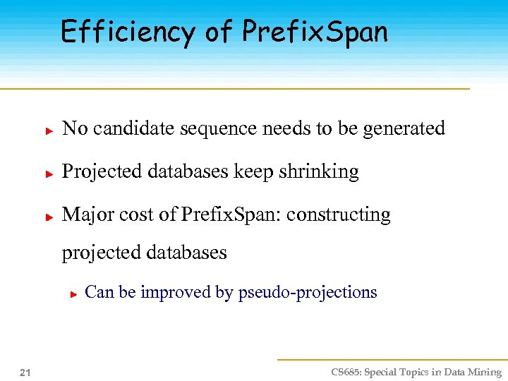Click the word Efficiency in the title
[x=128, y=32]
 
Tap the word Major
[x=83, y=214]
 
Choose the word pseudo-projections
[x=308, y=293]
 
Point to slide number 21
[x=25, y=372]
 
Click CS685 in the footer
[x=346, y=372]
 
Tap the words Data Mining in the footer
[x=472, y=372]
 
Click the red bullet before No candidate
[x=49, y=131]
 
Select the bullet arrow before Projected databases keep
[x=49, y=174]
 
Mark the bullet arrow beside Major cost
[x=49, y=217]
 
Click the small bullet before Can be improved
[x=73, y=294]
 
